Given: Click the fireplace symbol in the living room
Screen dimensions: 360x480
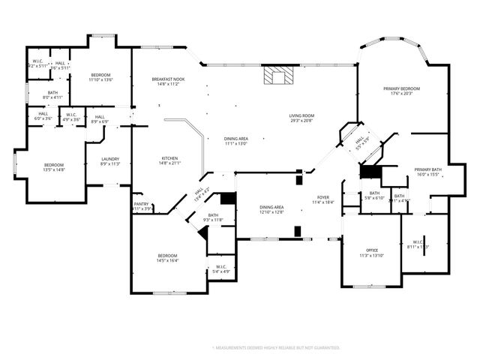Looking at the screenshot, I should tap(275, 76).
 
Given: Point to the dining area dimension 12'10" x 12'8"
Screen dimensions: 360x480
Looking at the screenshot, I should tap(271, 212).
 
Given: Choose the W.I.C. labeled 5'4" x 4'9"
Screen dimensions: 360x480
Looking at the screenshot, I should tap(221, 269).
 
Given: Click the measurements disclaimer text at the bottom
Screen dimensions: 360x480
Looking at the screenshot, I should tap(276, 348).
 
